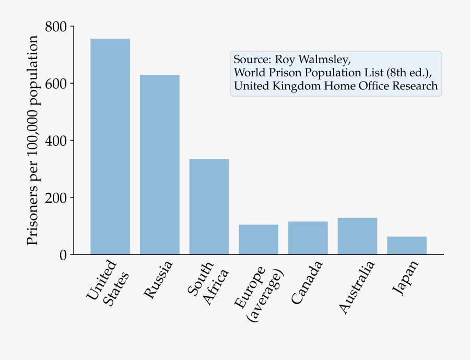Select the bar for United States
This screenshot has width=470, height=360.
[x=110, y=146]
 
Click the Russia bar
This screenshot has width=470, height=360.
[x=159, y=165]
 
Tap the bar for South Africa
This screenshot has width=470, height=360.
[x=209, y=206]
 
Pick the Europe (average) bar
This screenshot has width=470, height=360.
[x=258, y=239]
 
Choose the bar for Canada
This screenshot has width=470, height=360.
[x=308, y=238]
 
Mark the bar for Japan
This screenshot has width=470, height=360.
[x=407, y=246]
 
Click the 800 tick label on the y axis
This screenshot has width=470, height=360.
[x=55, y=27]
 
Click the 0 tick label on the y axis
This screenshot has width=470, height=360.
[x=64, y=255]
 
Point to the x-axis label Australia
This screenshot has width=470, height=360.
[x=357, y=287]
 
